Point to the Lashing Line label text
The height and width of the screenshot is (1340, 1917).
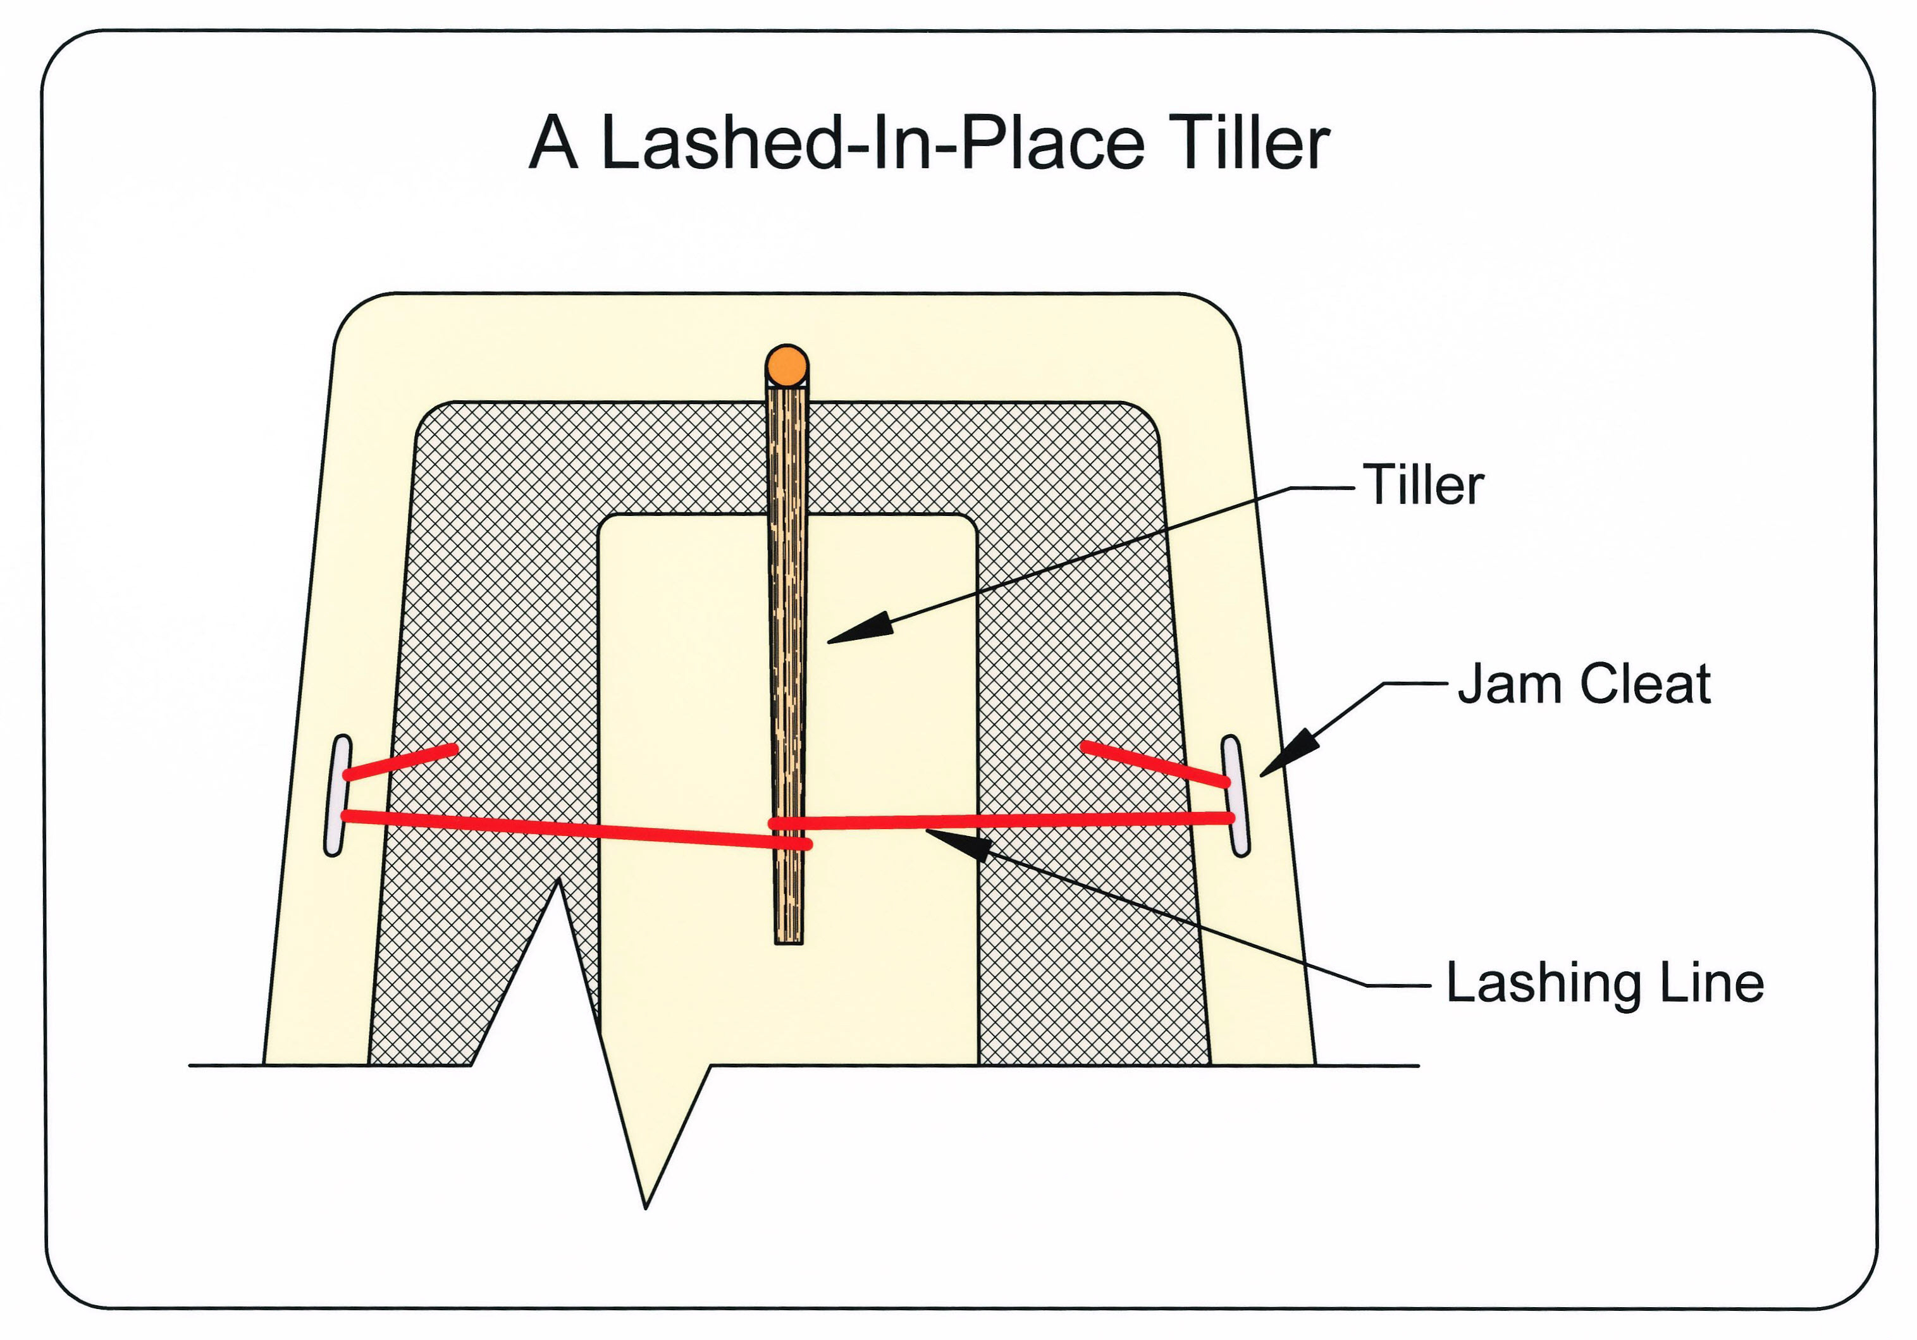point(1605,983)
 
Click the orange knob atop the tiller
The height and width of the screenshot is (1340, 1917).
point(787,365)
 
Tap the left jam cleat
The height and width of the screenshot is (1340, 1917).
point(337,795)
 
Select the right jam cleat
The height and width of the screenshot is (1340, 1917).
point(1236,796)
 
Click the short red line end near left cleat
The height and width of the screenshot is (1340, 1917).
point(454,747)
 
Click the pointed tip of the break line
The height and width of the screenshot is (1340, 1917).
point(645,1207)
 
